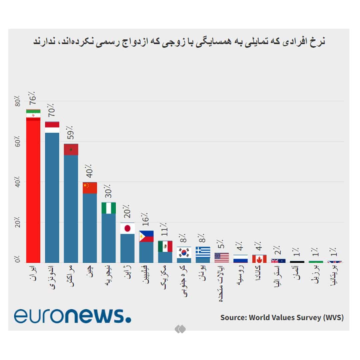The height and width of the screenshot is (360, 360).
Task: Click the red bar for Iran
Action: point(33,190)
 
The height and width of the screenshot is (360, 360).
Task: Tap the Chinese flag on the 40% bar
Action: point(90,188)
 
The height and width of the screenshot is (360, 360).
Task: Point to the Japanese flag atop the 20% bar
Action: point(127,228)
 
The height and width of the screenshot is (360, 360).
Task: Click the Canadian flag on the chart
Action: point(259,259)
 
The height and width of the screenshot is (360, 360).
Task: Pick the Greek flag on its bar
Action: point(203,252)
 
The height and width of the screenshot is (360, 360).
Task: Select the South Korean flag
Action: point(184,252)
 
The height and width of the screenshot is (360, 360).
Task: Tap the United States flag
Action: point(222,258)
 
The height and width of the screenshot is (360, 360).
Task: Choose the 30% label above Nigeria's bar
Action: point(108,191)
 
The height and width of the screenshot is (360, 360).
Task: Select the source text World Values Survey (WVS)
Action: point(282,317)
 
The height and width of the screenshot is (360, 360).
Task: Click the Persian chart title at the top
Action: point(179,42)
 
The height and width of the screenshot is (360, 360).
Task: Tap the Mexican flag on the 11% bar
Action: point(165,246)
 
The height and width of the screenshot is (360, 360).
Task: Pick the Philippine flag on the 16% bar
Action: point(146,236)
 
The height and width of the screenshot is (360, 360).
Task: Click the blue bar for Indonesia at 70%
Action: point(52,197)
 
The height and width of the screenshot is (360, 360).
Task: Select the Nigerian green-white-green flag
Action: point(108,208)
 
